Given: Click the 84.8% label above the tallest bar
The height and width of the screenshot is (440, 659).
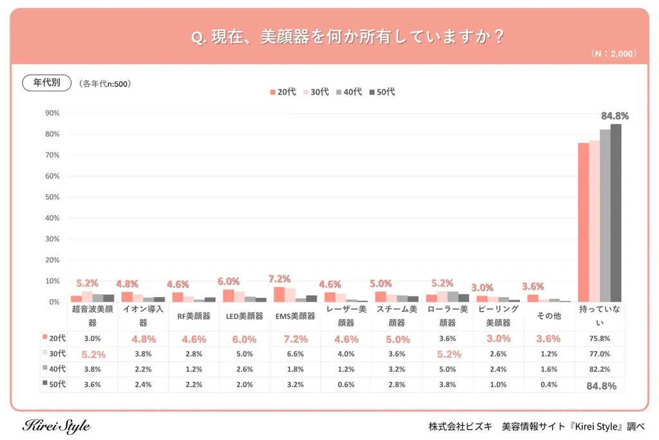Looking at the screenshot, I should point(615,116).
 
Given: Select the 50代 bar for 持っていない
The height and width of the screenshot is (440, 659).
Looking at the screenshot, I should point(616,213).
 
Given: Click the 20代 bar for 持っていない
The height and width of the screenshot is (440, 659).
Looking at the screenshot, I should point(583,222).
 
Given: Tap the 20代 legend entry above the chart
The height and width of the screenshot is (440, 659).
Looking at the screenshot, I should point(283,92).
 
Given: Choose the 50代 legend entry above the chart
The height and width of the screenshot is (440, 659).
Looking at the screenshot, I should point(382,92).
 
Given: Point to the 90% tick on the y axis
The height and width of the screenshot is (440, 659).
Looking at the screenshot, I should point(52,113).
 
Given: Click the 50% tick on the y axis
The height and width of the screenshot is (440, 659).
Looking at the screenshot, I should point(52,197).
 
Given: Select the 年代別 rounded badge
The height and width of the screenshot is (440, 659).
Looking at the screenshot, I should point(46,82).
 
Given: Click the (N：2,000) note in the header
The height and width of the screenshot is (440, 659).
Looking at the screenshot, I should point(613,54).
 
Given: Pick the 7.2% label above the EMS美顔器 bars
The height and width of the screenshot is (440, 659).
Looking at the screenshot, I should point(279,279).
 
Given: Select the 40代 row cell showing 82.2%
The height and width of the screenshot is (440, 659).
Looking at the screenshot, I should point(599,370).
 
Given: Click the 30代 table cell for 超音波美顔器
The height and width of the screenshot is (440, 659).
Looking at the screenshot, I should point(91,354).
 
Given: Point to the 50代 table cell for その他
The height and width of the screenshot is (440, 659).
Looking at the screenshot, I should point(549,385).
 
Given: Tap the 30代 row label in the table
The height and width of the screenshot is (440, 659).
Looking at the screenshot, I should point(54,354).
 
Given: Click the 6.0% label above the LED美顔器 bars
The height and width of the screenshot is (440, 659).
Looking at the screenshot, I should point(228,282).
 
